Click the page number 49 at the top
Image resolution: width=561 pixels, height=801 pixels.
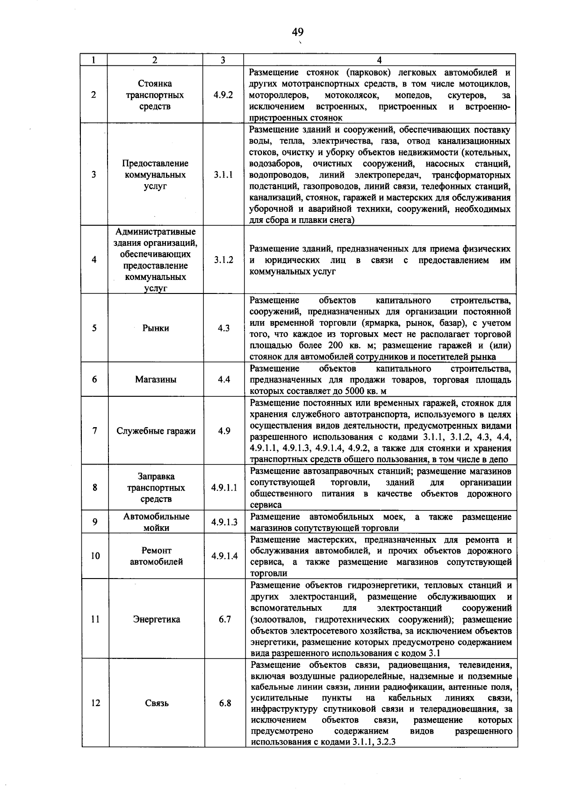[298, 32]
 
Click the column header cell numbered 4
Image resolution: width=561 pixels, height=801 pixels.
[379, 60]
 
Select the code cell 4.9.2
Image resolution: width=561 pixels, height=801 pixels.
[223, 95]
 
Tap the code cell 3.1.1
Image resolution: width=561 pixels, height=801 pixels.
[223, 175]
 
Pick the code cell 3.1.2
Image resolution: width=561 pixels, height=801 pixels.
[223, 260]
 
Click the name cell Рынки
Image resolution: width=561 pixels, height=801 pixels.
[156, 328]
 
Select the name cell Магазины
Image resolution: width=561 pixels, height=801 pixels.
[156, 379]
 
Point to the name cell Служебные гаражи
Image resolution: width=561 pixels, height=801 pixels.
[156, 431]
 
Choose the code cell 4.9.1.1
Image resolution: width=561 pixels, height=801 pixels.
[224, 487]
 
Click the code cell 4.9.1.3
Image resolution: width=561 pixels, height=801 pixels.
[224, 522]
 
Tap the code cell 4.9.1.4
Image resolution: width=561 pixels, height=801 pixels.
[224, 556]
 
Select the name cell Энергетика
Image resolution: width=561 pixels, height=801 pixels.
[156, 619]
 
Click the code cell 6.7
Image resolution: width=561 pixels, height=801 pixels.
[225, 619]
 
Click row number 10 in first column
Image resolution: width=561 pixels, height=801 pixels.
[95, 556]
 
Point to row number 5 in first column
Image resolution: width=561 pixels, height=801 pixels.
[94, 328]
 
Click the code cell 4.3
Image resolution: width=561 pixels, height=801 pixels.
[223, 328]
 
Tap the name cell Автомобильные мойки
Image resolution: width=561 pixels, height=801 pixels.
[156, 522]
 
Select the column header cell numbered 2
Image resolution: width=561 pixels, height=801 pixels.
[155, 60]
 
